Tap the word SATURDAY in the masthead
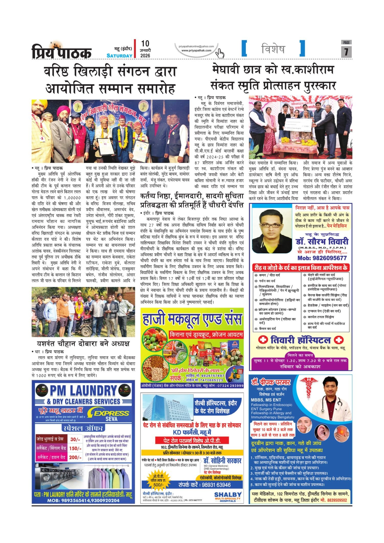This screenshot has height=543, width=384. click(119, 56)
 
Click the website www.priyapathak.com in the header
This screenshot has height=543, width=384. click(196, 50)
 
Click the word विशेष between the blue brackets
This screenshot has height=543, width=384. click(273, 49)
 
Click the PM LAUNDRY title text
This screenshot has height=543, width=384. click(83, 391)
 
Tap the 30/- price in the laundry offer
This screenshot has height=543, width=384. click(75, 439)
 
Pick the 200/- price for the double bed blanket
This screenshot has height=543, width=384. click(75, 457)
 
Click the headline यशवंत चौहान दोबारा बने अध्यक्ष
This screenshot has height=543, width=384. click(83, 343)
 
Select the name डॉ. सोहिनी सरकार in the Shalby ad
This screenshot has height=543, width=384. click(222, 461)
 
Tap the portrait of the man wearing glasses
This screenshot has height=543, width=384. click(272, 230)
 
